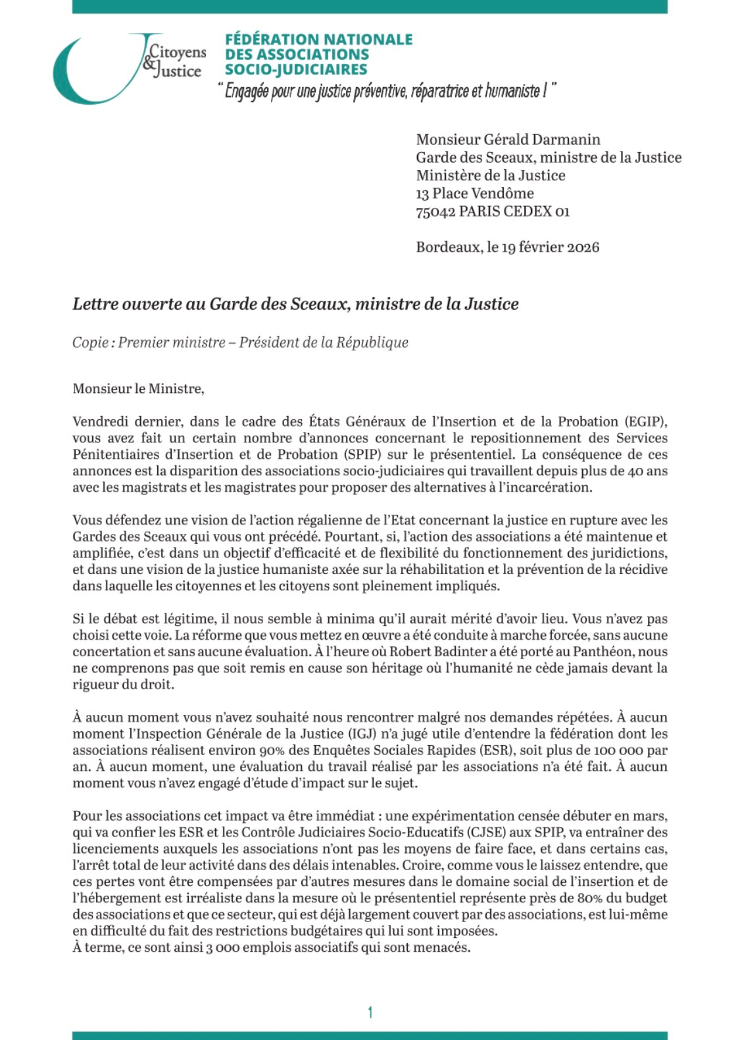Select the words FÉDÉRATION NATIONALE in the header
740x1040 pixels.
coord(318,39)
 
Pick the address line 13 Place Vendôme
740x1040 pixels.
coord(474,194)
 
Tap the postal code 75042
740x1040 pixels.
coord(435,211)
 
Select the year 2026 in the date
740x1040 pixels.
coord(583,247)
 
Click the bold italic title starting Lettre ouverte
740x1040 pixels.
coord(295,304)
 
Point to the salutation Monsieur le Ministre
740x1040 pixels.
coord(138,388)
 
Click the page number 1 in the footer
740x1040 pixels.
coord(370,1012)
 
